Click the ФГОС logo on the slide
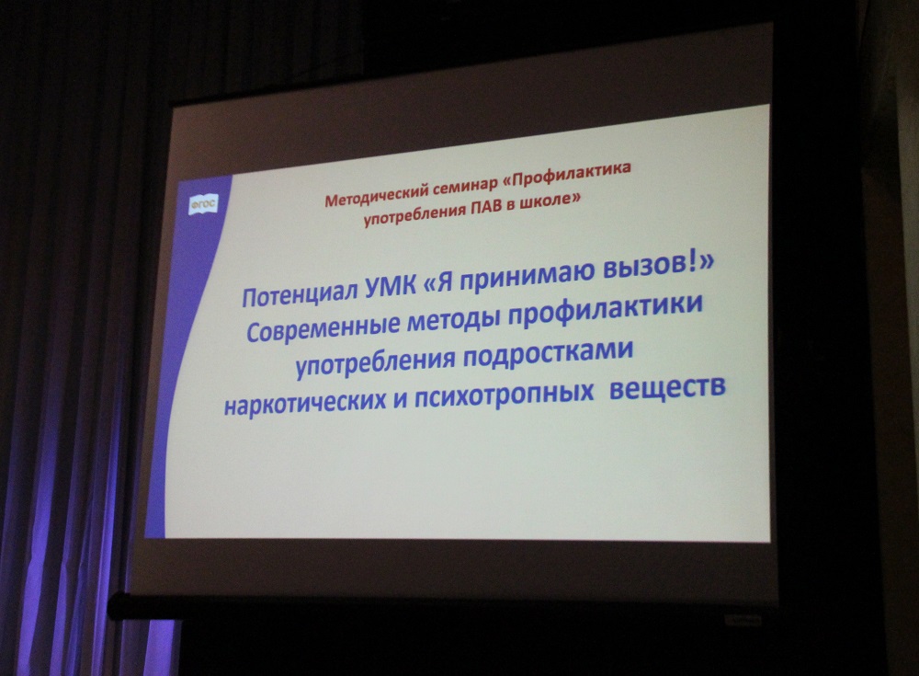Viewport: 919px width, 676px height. (x=203, y=203)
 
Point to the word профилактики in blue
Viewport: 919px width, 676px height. (x=604, y=311)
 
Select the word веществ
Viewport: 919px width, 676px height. (x=667, y=387)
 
